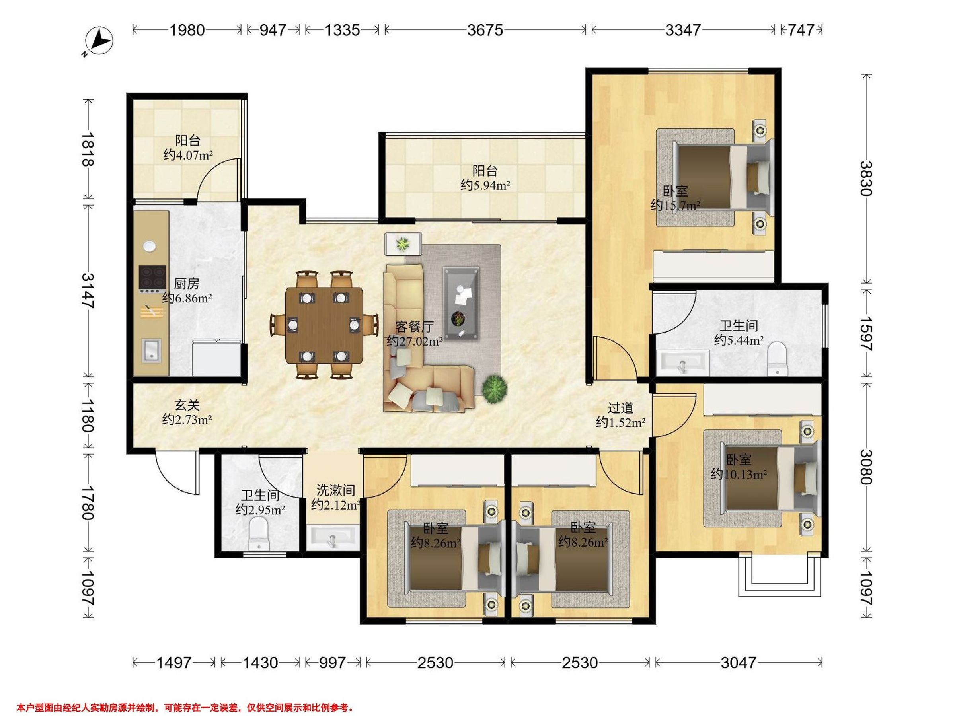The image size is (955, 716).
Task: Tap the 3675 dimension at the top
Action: [485, 30]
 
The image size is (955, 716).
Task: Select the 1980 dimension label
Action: [187, 30]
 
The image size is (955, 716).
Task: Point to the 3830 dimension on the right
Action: [865, 178]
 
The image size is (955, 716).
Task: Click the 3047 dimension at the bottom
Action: [738, 662]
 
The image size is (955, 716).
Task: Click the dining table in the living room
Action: [324, 325]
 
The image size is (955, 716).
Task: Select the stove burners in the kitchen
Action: [152, 276]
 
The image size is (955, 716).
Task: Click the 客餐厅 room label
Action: [414, 327]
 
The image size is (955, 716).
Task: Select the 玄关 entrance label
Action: [187, 405]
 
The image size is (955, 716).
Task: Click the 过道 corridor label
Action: [620, 408]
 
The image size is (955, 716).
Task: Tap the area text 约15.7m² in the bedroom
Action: [675, 205]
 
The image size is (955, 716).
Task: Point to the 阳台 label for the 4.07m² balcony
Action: [188, 140]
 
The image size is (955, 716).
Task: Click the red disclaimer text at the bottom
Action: [185, 708]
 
